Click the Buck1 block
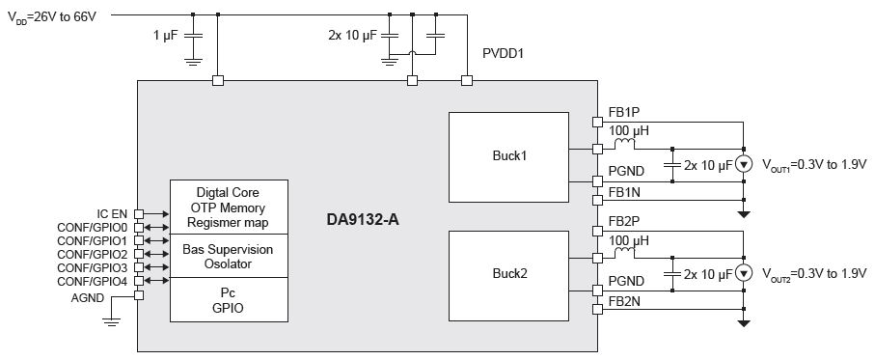pyautogui.click(x=508, y=157)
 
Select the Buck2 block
pyautogui.click(x=508, y=276)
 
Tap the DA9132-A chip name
pyautogui.click(x=364, y=219)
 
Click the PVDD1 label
pyautogui.click(x=504, y=55)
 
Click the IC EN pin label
pyautogui.click(x=112, y=213)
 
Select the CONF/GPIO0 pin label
pyautogui.click(x=93, y=227)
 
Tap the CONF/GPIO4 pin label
pyautogui.click(x=93, y=281)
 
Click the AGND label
pyautogui.click(x=88, y=298)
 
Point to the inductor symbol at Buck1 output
pyautogui.click(x=624, y=145)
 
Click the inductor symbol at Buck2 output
pyautogui.click(x=624, y=254)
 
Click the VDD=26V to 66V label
pyautogui.click(x=52, y=16)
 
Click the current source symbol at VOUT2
pyautogui.click(x=743, y=273)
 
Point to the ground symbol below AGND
pyautogui.click(x=112, y=320)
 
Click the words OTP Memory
pyautogui.click(x=229, y=208)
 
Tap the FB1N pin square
pyautogui.click(x=597, y=199)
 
